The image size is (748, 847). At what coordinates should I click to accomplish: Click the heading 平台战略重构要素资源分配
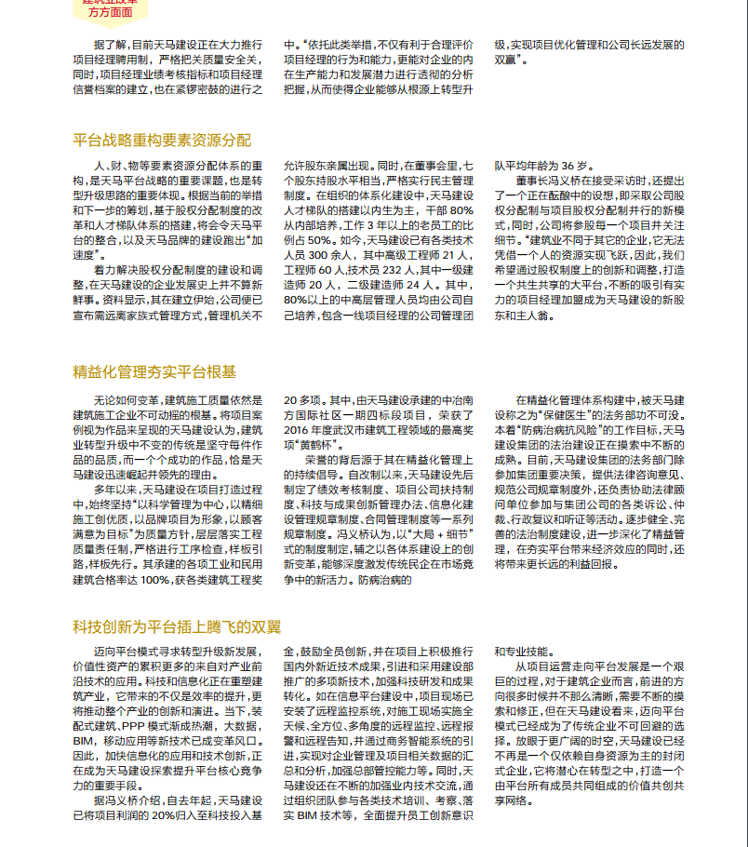click(162, 141)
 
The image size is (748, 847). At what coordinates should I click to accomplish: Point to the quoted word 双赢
click(512, 60)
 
